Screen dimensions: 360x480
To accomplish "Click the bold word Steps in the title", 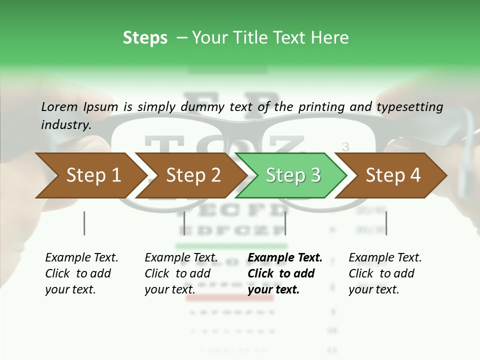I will click(x=145, y=38).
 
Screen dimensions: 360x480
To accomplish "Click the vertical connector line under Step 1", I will click(x=84, y=223).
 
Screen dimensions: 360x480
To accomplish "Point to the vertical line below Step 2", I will click(x=184, y=223).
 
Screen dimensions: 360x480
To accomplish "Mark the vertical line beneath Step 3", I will click(x=285, y=223).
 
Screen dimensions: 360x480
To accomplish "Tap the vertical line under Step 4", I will click(x=386, y=223).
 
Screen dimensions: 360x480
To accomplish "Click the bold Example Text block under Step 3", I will click(x=284, y=273).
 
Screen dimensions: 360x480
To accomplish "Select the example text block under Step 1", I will click(x=81, y=273).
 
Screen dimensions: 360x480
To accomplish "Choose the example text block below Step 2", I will click(x=181, y=273).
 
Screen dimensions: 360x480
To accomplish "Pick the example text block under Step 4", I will click(x=385, y=273).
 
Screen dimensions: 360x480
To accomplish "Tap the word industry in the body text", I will click(x=65, y=125).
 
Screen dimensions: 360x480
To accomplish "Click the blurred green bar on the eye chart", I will click(x=231, y=246).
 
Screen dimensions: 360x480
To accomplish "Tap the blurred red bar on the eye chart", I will click(x=230, y=298).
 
